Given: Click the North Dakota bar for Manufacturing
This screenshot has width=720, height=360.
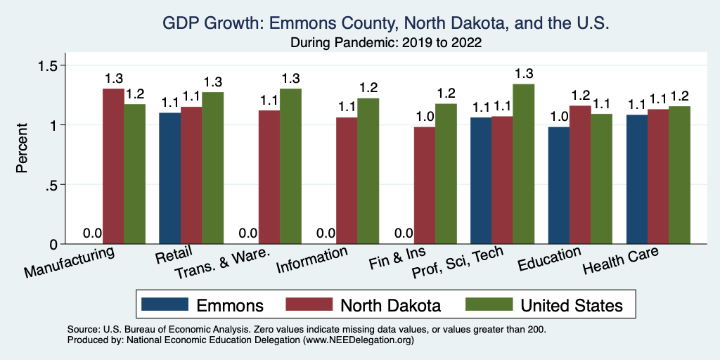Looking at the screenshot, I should pyautogui.click(x=113, y=166).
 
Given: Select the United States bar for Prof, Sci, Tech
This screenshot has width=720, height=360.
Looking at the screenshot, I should pyautogui.click(x=523, y=164).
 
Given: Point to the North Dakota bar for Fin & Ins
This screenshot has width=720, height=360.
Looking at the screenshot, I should pyautogui.click(x=424, y=185).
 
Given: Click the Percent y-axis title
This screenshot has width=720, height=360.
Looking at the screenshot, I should pyautogui.click(x=22, y=149).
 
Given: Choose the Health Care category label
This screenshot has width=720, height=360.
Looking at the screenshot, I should pyautogui.click(x=621, y=262).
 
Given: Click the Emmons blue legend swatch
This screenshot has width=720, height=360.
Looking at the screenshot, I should pyautogui.click(x=165, y=305).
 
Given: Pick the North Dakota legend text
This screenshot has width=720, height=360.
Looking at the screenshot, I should pyautogui.click(x=391, y=305).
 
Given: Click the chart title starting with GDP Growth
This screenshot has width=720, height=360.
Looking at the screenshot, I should pyautogui.click(x=385, y=24).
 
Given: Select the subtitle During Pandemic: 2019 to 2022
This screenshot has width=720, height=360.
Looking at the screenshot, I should pyautogui.click(x=385, y=43).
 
